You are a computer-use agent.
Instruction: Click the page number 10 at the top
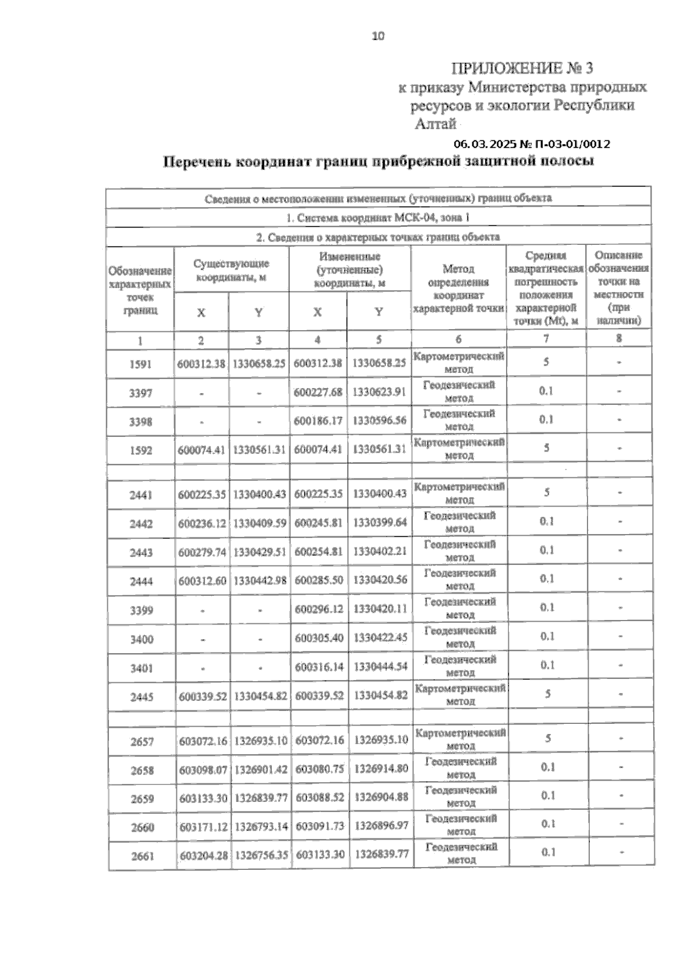tap(378, 37)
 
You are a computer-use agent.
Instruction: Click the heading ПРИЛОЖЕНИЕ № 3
tap(522, 69)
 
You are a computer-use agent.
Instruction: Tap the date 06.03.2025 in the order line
tap(485, 144)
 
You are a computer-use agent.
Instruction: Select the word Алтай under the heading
tap(435, 124)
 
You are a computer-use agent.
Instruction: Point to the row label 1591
tap(140, 364)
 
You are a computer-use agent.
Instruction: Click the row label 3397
tap(140, 393)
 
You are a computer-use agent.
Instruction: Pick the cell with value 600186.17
tap(318, 420)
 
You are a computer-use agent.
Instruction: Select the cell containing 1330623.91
tap(379, 392)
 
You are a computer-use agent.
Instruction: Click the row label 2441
tap(141, 495)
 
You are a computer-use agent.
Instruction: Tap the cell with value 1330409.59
tap(259, 523)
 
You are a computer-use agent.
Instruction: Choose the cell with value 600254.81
tap(318, 551)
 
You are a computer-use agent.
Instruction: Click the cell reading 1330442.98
tap(260, 581)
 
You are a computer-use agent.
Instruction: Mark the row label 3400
tap(142, 639)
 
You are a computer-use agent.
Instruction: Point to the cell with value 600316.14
tap(320, 667)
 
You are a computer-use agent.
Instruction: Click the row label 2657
tap(142, 742)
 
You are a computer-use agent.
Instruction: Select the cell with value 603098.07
tap(203, 770)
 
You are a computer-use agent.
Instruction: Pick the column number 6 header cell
tap(459, 339)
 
